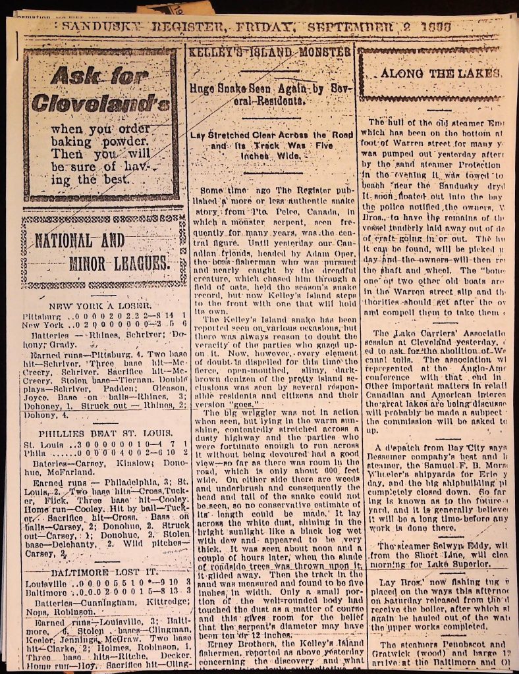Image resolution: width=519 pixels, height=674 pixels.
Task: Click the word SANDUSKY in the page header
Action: [105, 27]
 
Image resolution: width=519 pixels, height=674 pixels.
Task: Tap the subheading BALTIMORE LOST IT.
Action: [99, 571]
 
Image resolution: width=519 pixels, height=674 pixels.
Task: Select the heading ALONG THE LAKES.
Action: [439, 73]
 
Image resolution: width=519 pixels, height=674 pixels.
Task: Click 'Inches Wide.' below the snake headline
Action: [270, 157]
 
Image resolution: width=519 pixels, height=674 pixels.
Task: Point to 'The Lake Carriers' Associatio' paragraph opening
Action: [435, 334]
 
